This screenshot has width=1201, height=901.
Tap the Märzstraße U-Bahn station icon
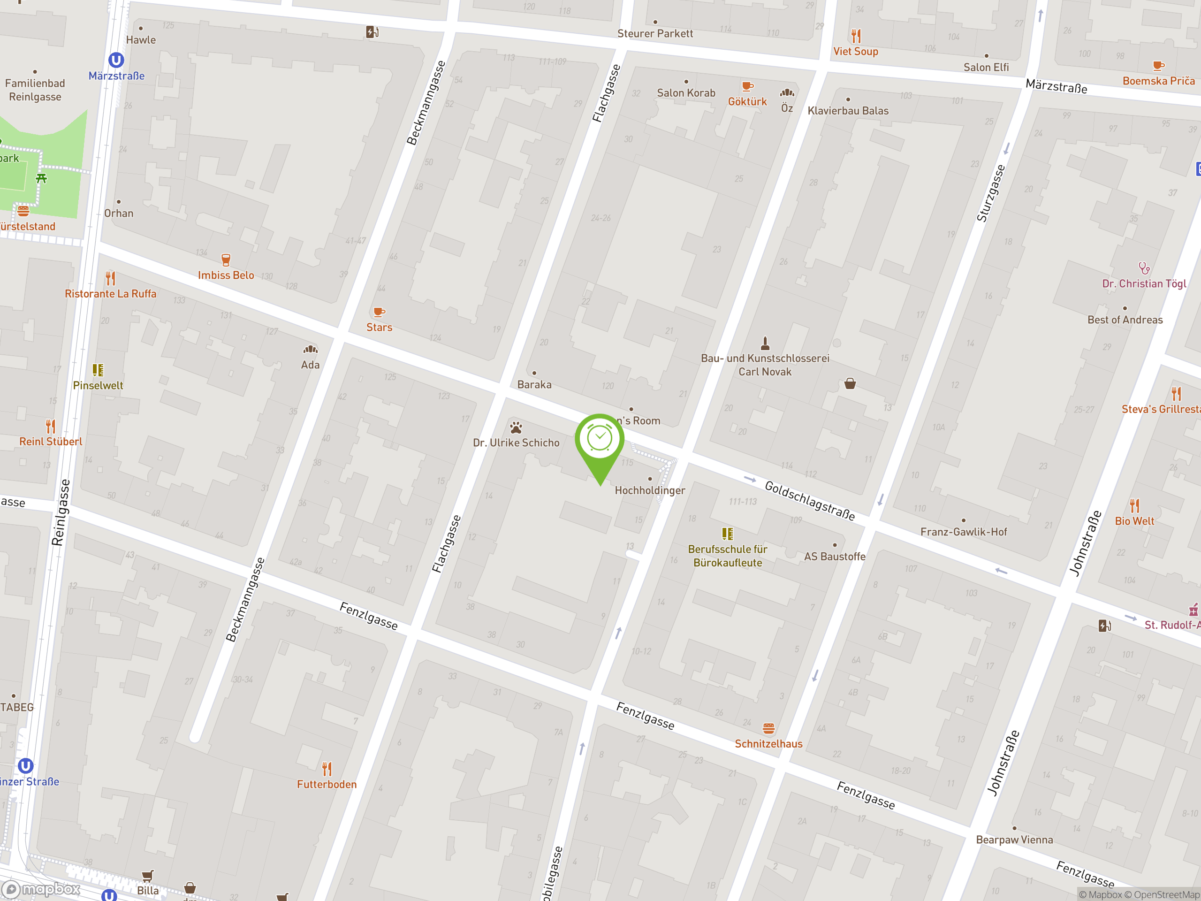(x=116, y=60)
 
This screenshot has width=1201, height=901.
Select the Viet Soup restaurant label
(x=855, y=52)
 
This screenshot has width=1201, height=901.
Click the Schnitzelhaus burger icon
(x=768, y=728)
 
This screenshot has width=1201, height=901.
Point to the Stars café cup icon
(x=379, y=312)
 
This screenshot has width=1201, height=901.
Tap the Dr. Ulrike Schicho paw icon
(x=516, y=428)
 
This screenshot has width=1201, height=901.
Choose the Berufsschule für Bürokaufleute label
(x=727, y=556)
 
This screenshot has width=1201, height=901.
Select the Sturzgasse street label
(x=990, y=193)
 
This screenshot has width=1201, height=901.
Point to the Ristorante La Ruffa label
(x=110, y=294)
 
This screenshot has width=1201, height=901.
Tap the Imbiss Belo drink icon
(x=226, y=260)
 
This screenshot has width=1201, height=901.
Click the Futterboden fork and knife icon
(x=327, y=769)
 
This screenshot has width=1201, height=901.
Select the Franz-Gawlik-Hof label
(x=963, y=532)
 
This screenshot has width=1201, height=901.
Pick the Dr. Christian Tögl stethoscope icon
(x=1143, y=268)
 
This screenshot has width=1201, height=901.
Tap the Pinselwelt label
(x=98, y=386)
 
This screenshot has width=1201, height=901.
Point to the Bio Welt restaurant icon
(x=1134, y=505)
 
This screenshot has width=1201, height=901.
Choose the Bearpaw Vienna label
(x=1014, y=840)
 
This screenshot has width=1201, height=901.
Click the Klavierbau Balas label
(x=848, y=111)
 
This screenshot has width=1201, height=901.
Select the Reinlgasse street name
(x=61, y=512)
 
